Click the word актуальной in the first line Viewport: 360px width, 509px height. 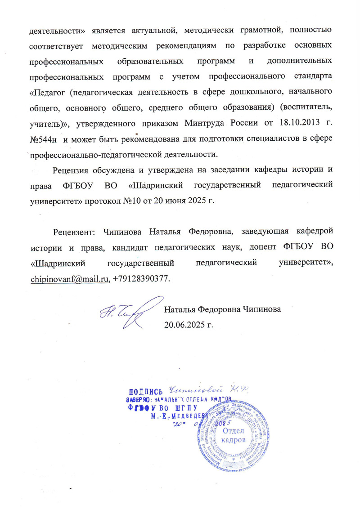click(153, 31)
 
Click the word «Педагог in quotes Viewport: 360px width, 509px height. click(46, 92)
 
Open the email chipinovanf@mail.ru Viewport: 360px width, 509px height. click(70, 279)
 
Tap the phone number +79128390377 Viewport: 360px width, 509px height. click(142, 279)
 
